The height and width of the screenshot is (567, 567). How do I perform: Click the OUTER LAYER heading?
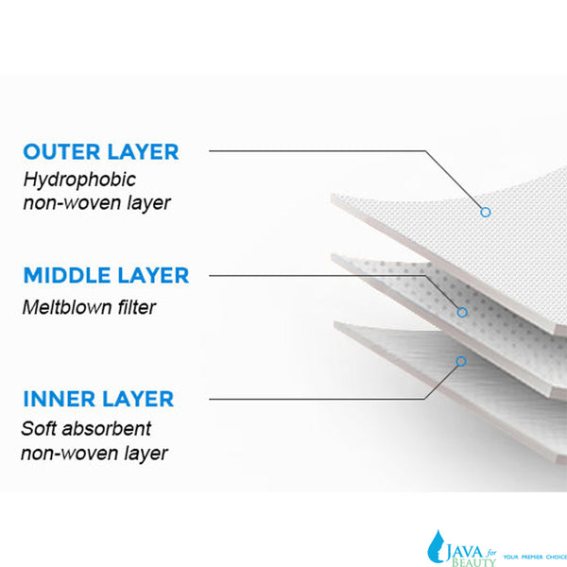click(x=101, y=152)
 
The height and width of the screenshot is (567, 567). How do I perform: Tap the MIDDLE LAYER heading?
click(x=106, y=276)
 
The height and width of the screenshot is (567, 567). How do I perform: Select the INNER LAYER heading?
click(x=98, y=399)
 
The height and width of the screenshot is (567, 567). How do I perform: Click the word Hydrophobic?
click(x=79, y=180)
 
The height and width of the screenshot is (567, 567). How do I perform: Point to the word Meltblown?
click(x=67, y=307)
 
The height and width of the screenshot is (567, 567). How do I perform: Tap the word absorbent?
click(x=106, y=429)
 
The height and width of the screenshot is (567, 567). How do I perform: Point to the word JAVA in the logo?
click(x=464, y=553)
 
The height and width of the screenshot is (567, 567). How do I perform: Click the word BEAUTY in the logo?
click(x=473, y=562)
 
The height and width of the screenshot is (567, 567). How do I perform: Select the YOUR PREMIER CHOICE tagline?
click(x=535, y=557)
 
